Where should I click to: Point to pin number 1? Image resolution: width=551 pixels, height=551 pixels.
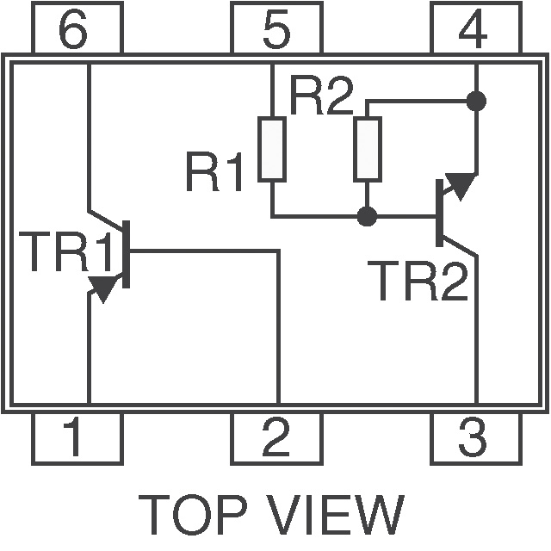coord(76,437)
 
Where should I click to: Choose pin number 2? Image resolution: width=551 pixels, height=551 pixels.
coord(275,437)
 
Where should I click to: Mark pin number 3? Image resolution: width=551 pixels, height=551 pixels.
coord(474,437)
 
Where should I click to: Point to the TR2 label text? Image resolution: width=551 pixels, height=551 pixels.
coord(418,282)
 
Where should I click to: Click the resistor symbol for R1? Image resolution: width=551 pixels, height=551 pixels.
coord(272,149)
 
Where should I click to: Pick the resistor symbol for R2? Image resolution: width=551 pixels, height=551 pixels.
coord(368,149)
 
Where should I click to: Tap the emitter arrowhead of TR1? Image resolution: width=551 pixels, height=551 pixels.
coord(104,289)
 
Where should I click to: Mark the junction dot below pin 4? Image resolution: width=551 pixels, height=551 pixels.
coord(475,101)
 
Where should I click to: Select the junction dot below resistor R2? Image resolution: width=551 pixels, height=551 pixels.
coord(368,215)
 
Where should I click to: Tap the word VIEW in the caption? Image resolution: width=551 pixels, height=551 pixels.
coord(336,515)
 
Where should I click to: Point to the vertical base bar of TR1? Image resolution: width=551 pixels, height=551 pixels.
coord(126,255)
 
